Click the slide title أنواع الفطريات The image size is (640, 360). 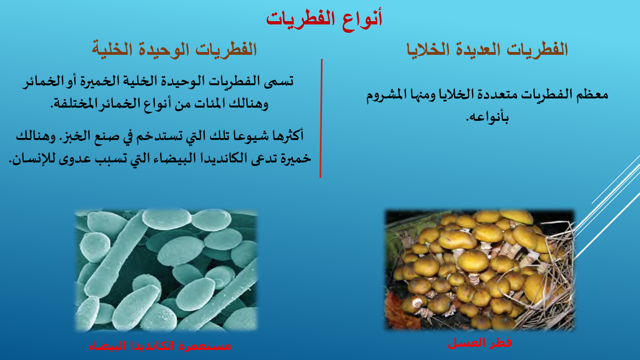coord(324,20)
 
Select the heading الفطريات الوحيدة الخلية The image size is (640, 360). coord(174,49)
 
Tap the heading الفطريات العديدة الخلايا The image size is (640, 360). coord(487,49)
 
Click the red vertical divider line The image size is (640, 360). coord(321,118)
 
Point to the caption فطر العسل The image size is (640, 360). coord(480,343)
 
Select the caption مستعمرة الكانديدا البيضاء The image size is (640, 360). coord(160,346)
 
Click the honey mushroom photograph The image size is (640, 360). coord(480,270)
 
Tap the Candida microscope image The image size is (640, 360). coord(166,270)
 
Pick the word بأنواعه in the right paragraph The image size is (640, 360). coord(488,116)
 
